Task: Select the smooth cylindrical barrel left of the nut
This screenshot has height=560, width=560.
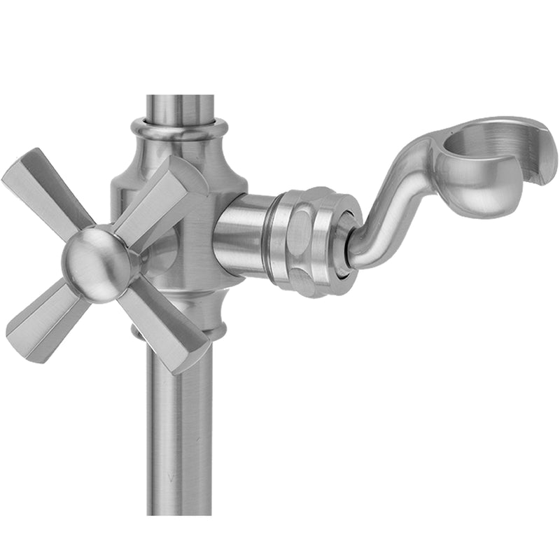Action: point(241,238)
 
